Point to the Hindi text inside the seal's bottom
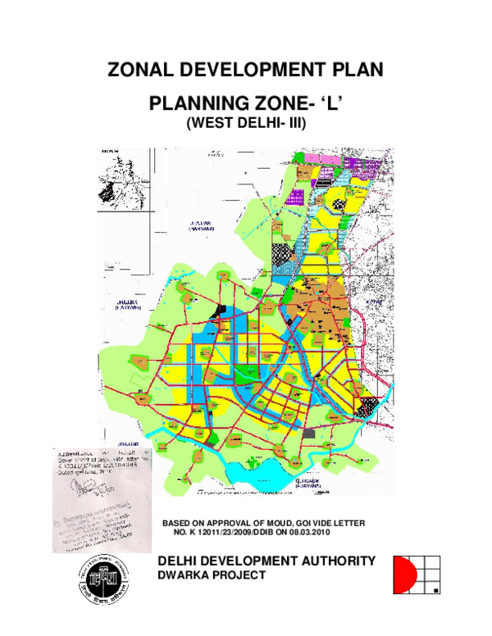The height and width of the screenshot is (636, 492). pos(103,597)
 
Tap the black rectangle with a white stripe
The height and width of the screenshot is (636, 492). pos(218,310)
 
